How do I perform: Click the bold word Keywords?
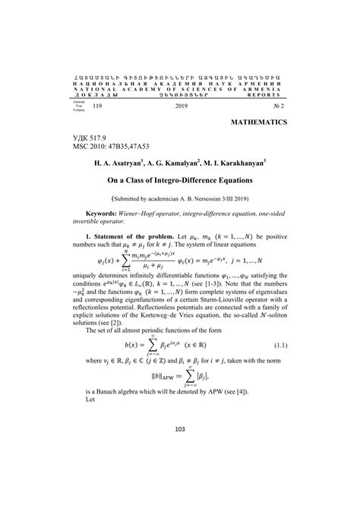coord(104,214)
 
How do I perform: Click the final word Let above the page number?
coord(91,441)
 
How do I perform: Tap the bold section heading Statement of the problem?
coord(142,239)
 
